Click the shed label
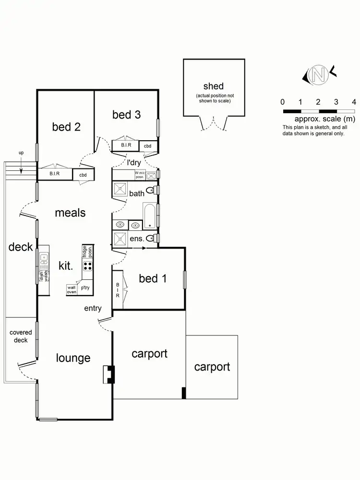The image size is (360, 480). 214,86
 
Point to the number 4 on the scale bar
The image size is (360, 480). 354,102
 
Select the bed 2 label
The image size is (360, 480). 66,127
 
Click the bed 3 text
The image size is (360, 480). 126,115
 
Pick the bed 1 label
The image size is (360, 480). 153,278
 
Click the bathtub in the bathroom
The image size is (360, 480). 150,215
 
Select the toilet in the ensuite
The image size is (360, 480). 151,238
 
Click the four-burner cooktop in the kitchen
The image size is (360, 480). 88,266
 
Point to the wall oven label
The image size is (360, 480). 72,289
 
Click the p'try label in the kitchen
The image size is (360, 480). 85,288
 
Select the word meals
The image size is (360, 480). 70,212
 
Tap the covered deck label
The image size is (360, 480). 21,336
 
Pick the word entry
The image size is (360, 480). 93,308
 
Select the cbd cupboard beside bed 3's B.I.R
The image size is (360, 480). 148,146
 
